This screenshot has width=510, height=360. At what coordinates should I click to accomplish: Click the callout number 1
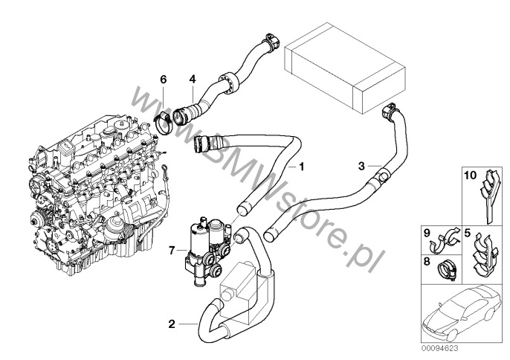(302, 166)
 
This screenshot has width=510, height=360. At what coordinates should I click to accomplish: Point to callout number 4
(192, 78)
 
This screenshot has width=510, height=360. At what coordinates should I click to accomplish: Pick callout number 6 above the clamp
(164, 78)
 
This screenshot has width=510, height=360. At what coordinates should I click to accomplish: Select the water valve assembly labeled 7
(205, 242)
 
